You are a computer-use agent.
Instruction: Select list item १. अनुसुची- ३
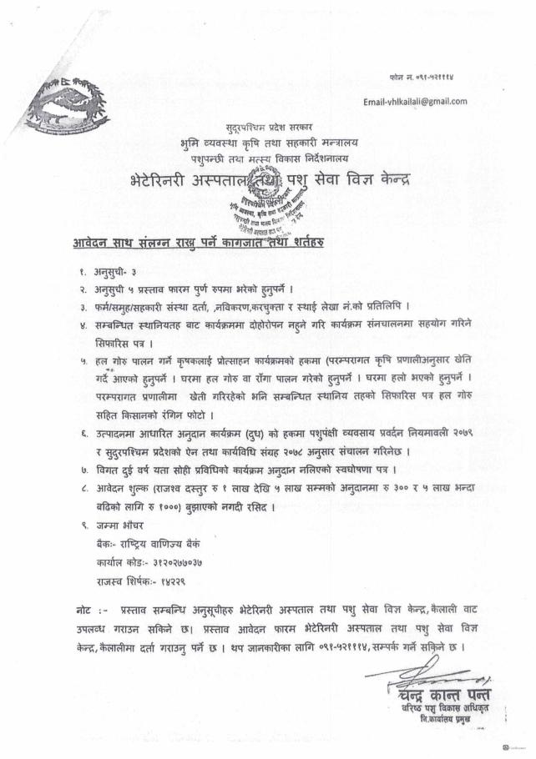[x=99, y=273]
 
